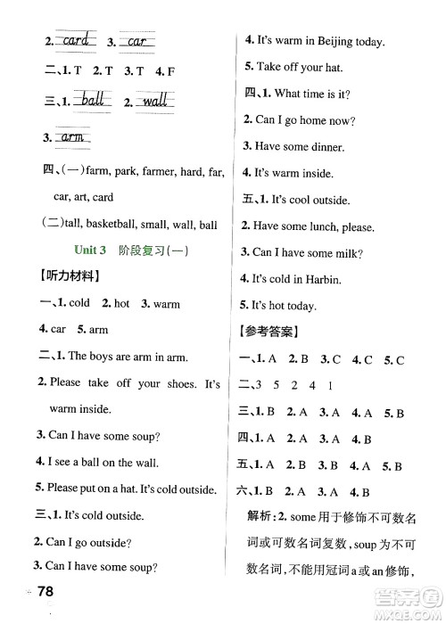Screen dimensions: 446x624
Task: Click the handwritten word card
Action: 76,40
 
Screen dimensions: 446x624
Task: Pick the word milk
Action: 342,253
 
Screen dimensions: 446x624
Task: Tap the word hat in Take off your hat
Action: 332,67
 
